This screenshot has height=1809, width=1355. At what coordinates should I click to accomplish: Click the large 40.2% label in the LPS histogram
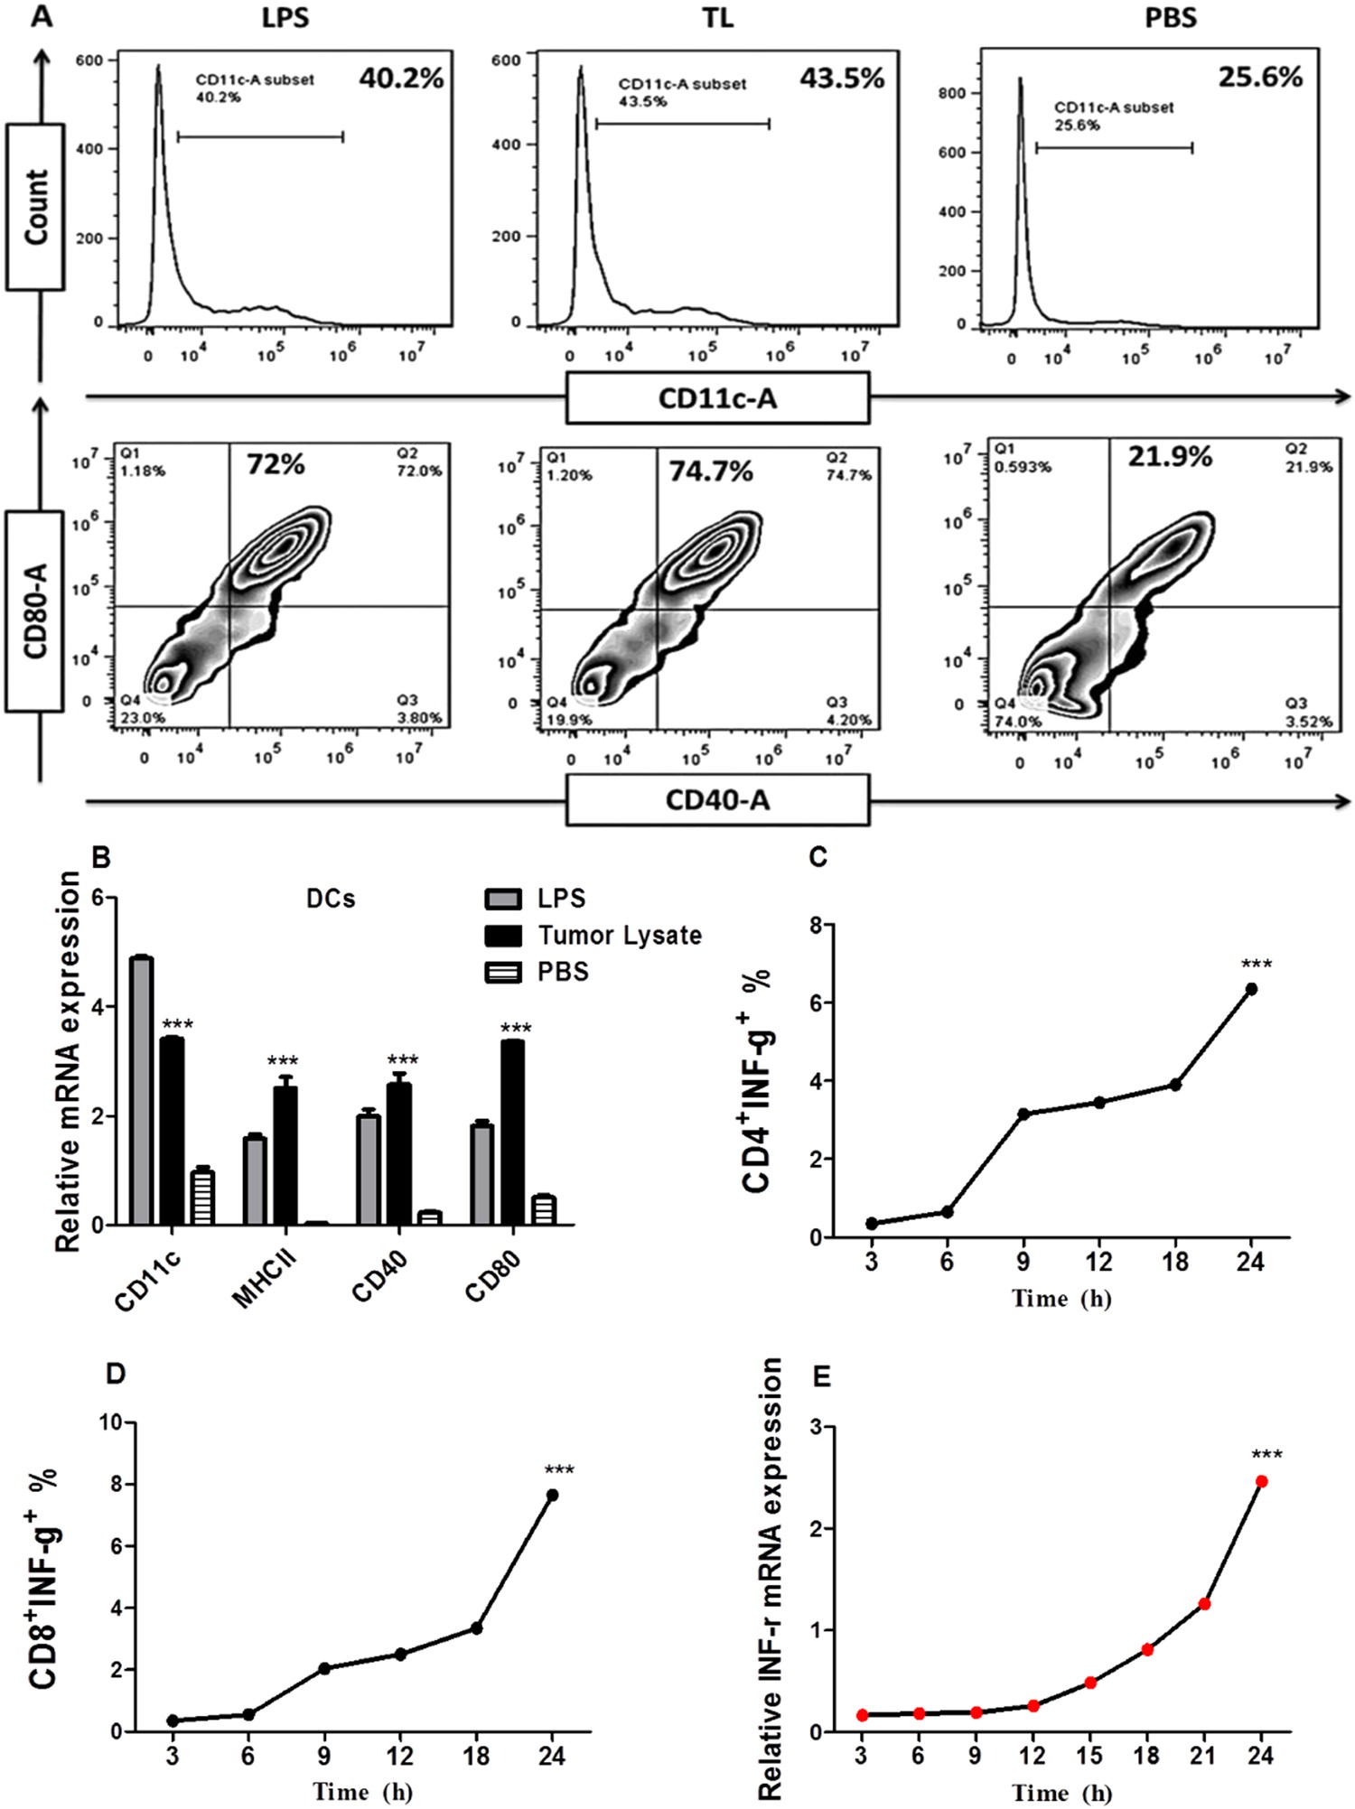tap(401, 79)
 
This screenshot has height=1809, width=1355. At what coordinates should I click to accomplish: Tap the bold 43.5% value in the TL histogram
tap(841, 79)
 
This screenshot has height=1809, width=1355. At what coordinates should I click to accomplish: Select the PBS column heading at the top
tap(1171, 18)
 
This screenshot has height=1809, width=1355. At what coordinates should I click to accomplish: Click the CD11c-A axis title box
tap(717, 398)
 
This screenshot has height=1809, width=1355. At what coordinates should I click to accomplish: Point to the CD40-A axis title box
tap(717, 800)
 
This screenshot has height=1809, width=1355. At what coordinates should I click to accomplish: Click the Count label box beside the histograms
tap(35, 207)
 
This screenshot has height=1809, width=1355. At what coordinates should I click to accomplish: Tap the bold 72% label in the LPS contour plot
tap(276, 465)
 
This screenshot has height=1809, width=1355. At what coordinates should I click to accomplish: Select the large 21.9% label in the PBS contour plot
tap(1169, 457)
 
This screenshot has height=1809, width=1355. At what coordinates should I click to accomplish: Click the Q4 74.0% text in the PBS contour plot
tap(1018, 713)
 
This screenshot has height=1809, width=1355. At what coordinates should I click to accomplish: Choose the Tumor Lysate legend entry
tap(619, 935)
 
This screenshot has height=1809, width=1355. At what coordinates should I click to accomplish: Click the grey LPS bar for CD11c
tap(142, 1090)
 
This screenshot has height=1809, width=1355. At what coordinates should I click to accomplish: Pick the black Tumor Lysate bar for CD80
tap(512, 1133)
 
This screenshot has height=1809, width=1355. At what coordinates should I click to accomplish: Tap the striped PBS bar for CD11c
tap(201, 1197)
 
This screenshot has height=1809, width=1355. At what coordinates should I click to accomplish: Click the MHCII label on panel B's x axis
tap(264, 1281)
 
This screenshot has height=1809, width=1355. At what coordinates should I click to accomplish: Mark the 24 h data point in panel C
tap(1251, 989)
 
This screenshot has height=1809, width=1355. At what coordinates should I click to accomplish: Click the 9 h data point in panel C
tap(1023, 1114)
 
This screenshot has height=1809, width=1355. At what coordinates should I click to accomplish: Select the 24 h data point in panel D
tap(552, 1496)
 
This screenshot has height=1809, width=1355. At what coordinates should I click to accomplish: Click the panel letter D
tap(115, 1374)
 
